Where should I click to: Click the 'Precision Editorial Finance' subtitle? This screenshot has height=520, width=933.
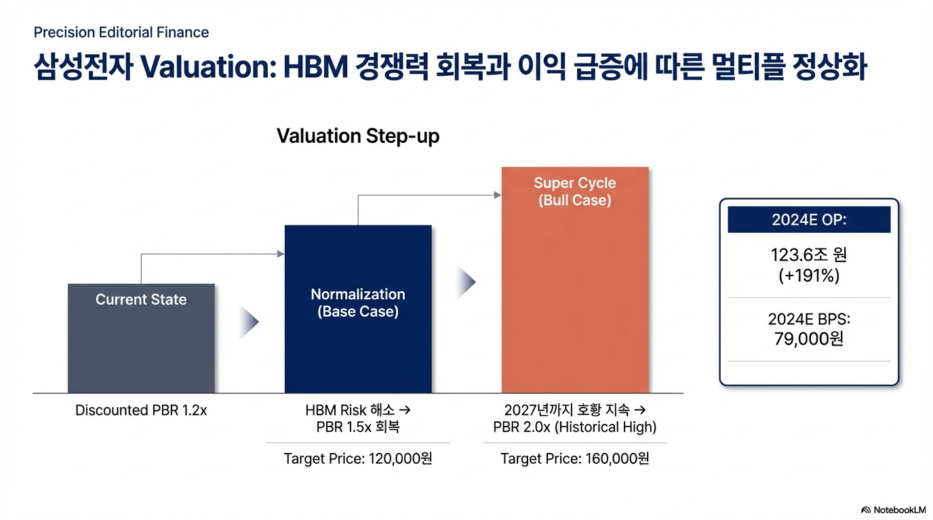click(x=121, y=32)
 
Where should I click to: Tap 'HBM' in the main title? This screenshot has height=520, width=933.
click(x=315, y=66)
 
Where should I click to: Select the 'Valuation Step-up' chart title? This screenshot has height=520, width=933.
click(x=358, y=136)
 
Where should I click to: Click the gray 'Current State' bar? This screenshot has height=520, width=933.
click(x=141, y=338)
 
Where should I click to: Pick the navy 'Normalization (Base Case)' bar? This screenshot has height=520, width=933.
click(x=358, y=309)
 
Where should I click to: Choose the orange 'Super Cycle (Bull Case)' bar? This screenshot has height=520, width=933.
click(x=575, y=280)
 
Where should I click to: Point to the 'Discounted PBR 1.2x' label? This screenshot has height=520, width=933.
click(x=141, y=410)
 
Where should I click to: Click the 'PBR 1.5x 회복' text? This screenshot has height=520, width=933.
click(x=358, y=427)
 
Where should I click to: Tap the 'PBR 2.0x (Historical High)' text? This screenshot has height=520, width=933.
click(x=575, y=427)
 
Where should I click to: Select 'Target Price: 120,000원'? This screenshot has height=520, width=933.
click(x=358, y=458)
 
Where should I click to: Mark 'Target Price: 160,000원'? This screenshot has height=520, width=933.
click(x=575, y=458)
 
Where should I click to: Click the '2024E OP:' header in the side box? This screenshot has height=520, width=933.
click(x=809, y=219)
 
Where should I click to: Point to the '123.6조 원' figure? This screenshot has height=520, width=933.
click(x=808, y=255)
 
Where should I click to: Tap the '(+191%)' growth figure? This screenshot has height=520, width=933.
click(x=809, y=276)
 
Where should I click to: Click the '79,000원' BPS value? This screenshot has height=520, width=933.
click(x=808, y=339)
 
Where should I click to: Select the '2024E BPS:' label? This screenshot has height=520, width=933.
click(x=809, y=319)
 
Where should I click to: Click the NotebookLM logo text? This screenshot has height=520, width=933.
click(x=899, y=510)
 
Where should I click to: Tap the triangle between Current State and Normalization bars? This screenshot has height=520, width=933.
click(x=249, y=322)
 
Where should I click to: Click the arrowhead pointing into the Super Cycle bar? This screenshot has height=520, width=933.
click(x=498, y=195)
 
